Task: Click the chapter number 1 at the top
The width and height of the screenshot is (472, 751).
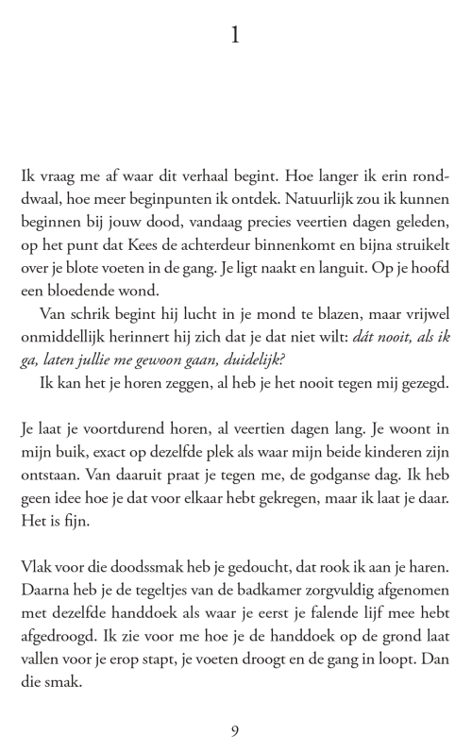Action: point(235,36)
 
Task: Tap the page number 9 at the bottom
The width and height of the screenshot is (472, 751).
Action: point(235,730)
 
